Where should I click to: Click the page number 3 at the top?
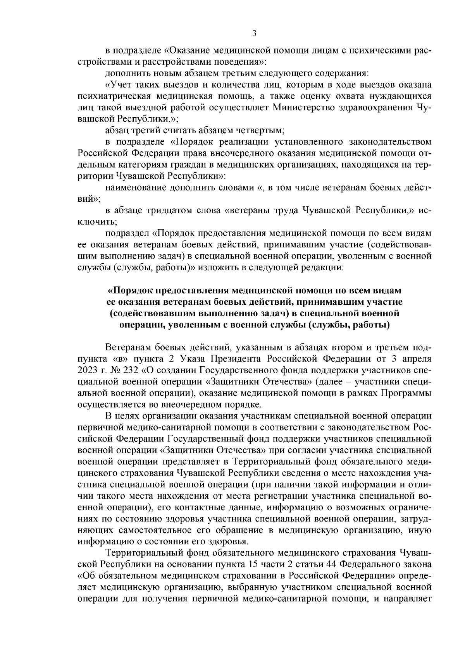point(254,34)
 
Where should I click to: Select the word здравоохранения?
point(372,107)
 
